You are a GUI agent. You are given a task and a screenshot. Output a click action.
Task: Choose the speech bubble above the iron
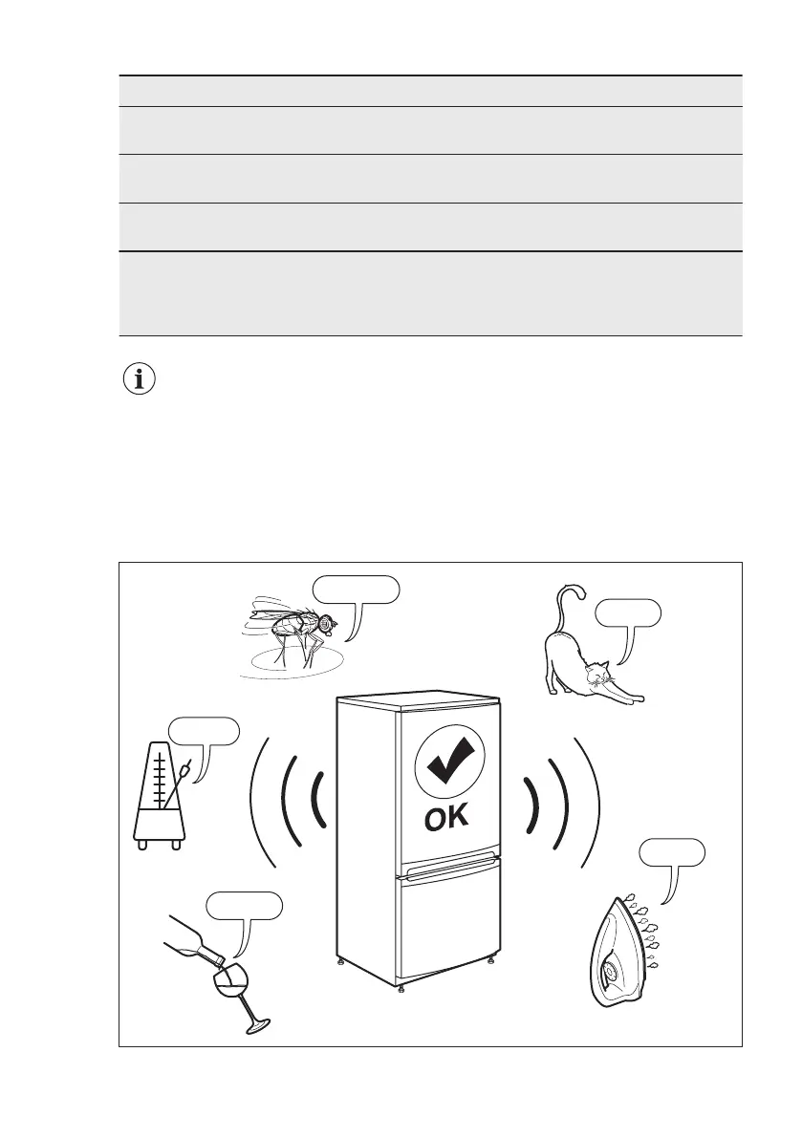pos(673,852)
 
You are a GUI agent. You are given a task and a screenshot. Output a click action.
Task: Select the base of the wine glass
pos(255,1028)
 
